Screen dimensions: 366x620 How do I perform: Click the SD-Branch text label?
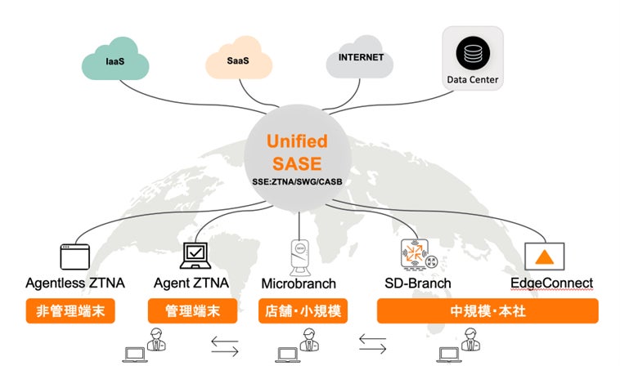pos(414,284)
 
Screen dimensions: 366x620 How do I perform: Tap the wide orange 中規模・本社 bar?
pos(487,311)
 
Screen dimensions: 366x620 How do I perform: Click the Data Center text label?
pos(473,80)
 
